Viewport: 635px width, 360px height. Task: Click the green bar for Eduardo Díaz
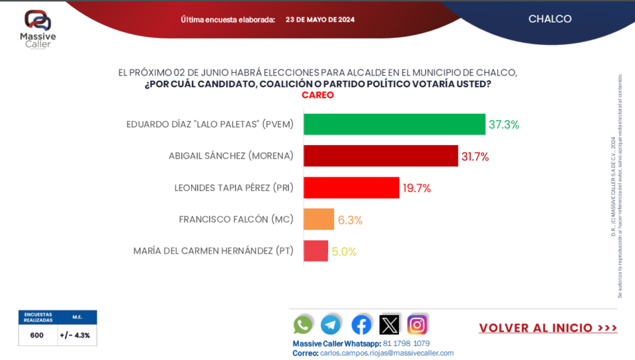point(394,124)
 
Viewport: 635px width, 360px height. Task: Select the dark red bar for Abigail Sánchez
point(380,156)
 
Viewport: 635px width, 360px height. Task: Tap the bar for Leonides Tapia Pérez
point(351,188)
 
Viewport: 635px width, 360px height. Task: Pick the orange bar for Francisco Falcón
point(319,220)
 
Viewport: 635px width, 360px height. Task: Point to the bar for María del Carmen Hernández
point(316,251)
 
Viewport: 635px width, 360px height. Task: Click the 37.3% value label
point(504,124)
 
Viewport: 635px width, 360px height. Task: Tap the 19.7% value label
point(417,188)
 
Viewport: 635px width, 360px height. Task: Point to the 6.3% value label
point(350,220)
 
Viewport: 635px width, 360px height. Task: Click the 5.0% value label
point(344,251)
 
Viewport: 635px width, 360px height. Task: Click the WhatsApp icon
point(303,324)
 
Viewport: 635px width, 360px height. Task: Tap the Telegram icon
point(331,324)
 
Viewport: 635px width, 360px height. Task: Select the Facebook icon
point(361,324)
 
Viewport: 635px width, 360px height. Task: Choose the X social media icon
point(390,324)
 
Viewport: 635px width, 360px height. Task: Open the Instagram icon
point(417,324)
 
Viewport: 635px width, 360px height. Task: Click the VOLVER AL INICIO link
point(548,328)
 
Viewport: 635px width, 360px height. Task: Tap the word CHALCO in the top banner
point(550,19)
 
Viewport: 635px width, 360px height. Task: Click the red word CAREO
point(317,95)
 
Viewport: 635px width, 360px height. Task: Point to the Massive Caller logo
point(37,28)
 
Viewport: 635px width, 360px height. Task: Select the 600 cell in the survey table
point(37,336)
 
